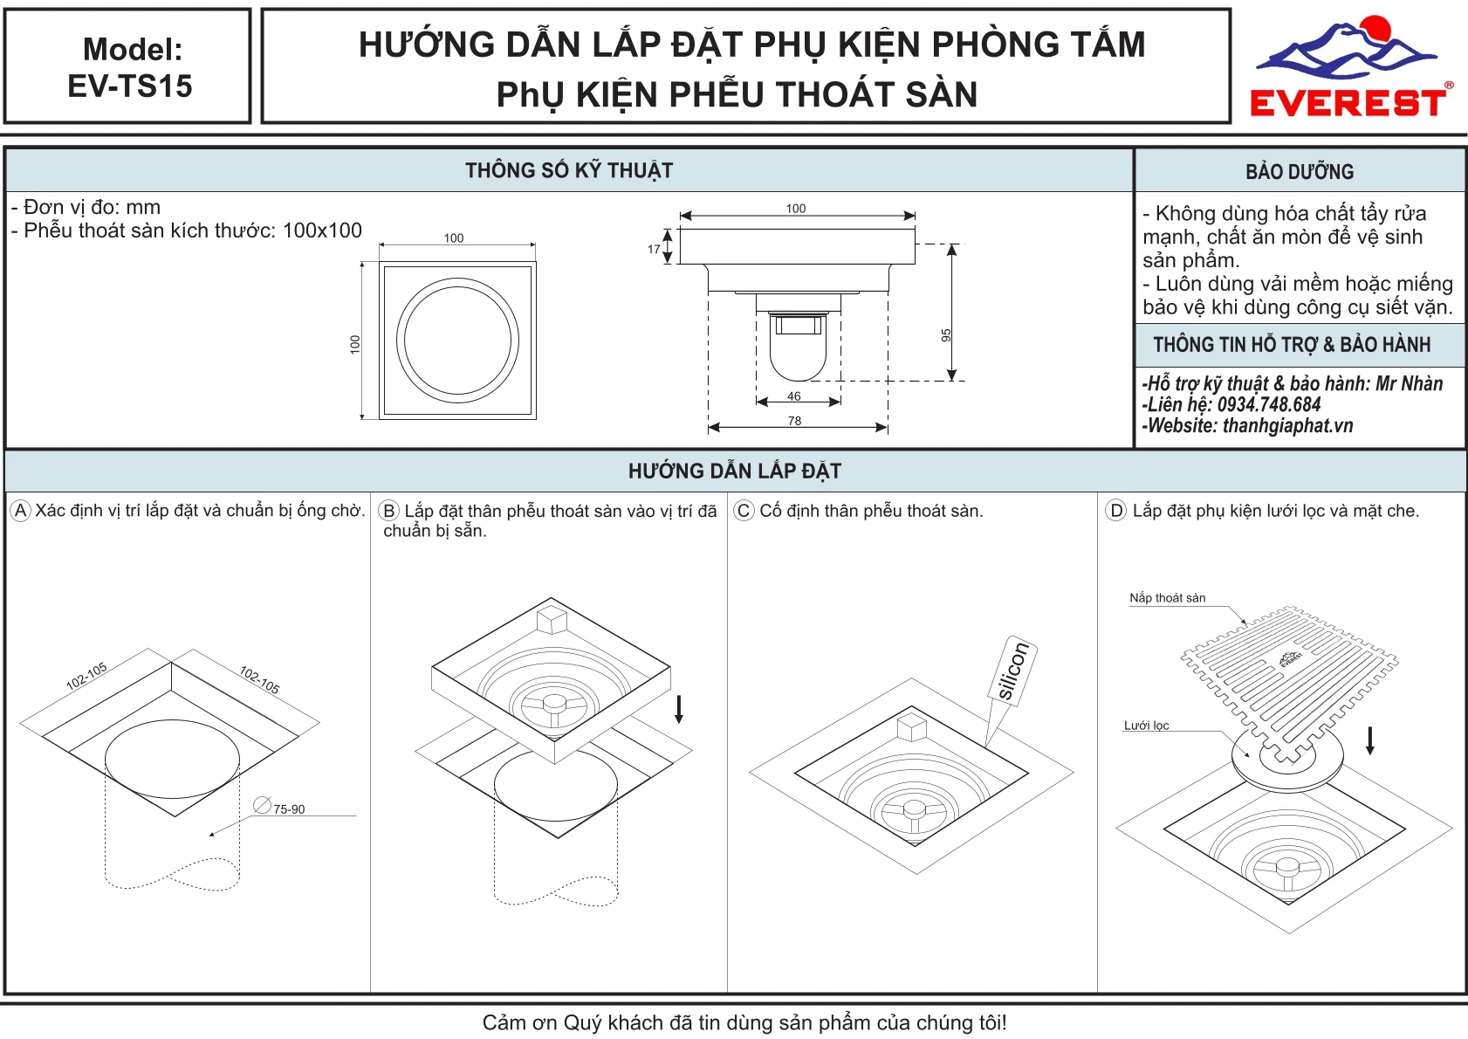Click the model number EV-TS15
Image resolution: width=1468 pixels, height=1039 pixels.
tap(130, 86)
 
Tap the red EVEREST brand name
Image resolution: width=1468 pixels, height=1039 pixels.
tap(1348, 103)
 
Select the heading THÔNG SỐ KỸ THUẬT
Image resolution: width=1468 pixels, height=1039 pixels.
tap(569, 170)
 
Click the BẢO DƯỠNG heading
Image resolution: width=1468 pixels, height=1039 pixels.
tap(1300, 172)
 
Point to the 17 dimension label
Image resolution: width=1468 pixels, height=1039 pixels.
tap(654, 249)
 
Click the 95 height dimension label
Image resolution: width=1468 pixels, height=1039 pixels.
tap(946, 335)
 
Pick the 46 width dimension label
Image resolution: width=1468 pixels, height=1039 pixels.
tap(793, 396)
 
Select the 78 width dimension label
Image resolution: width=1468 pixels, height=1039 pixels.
tap(794, 421)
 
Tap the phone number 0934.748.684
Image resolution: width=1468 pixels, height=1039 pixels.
tap(1269, 404)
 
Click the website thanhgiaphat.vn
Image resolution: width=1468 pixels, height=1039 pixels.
tap(1288, 425)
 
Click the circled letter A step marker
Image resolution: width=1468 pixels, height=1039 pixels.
tap(21, 510)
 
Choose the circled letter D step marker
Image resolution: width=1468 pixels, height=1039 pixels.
tap(1115, 510)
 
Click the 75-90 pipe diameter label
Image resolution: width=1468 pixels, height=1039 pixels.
tap(289, 809)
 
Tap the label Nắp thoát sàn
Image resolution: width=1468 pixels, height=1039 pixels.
tap(1167, 598)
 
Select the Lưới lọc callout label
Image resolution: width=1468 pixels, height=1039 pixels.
tap(1146, 726)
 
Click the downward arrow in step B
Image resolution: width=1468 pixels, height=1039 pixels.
tap(679, 709)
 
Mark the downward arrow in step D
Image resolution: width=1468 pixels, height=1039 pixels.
tap(1369, 740)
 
